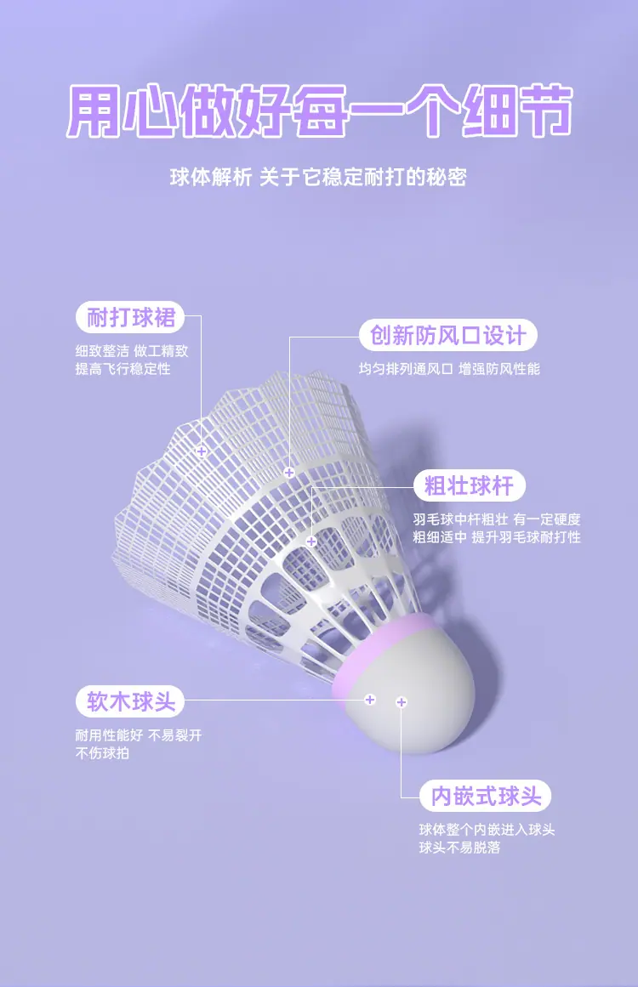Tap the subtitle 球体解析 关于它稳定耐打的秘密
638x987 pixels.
318,178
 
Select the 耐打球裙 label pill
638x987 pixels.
130,318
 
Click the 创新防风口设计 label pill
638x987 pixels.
447,335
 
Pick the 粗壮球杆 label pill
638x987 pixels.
469,486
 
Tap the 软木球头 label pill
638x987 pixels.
130,701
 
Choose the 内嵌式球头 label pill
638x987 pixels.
486,797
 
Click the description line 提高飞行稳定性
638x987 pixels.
122,369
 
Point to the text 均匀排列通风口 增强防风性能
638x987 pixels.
449,369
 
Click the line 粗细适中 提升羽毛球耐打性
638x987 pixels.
497,537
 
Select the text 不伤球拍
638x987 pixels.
102,753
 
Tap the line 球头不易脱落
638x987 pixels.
459,848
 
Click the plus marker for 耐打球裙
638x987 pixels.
202,451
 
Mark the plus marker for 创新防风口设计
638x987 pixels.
289,472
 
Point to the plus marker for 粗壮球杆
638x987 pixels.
311,541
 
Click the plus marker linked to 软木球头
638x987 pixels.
370,700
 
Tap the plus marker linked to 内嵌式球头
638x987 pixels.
402,702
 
